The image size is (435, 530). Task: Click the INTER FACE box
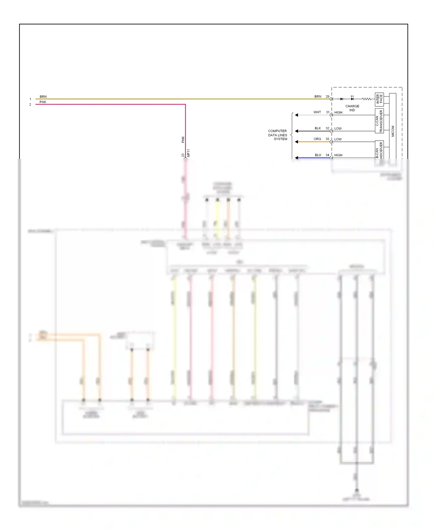379,99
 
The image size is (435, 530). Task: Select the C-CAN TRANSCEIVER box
379,121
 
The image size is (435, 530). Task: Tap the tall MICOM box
393,128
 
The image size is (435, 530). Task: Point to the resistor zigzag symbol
367,99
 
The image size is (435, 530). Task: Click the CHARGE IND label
352,108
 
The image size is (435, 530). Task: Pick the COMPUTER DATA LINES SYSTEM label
278,135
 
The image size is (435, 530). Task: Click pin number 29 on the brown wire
327,97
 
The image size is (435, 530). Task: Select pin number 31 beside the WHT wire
327,112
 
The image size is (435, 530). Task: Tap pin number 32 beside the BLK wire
327,128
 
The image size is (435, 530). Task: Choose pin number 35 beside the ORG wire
327,139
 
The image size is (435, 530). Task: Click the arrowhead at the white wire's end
296,115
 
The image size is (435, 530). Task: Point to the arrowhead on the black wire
296,131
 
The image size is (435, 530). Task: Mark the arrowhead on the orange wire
296,142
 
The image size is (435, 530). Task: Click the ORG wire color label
317,139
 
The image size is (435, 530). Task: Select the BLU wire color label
318,155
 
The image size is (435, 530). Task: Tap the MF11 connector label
188,153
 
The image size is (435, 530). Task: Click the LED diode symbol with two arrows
352,99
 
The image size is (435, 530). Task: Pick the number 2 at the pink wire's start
30,104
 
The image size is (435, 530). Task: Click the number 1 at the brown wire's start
30,99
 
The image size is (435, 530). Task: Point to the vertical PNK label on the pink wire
183,139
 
